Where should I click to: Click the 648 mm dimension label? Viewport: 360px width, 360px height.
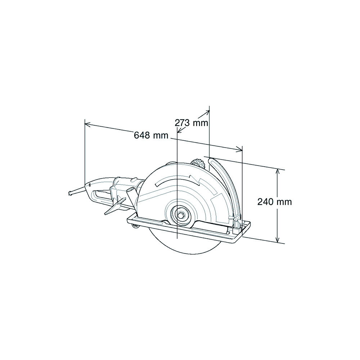point(151,135)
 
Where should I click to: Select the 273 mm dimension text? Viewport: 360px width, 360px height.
point(191,123)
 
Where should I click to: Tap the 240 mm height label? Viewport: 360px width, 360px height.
point(274,202)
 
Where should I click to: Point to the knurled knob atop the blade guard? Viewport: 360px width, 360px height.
point(197,164)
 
